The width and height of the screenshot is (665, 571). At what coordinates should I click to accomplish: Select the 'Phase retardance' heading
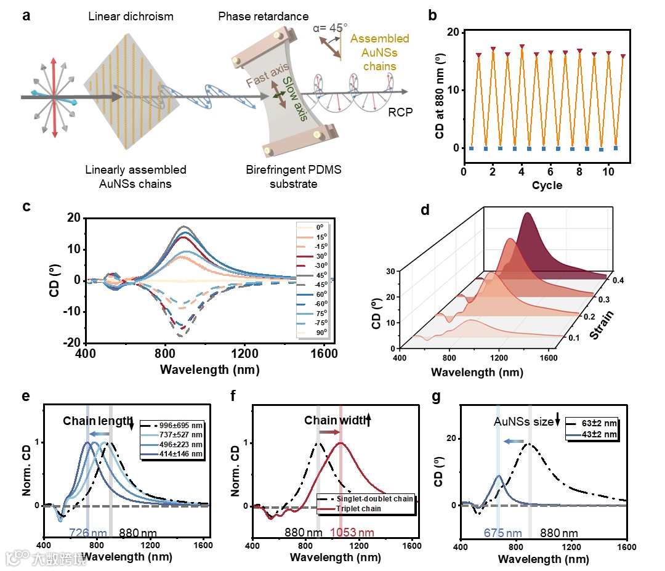264,16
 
